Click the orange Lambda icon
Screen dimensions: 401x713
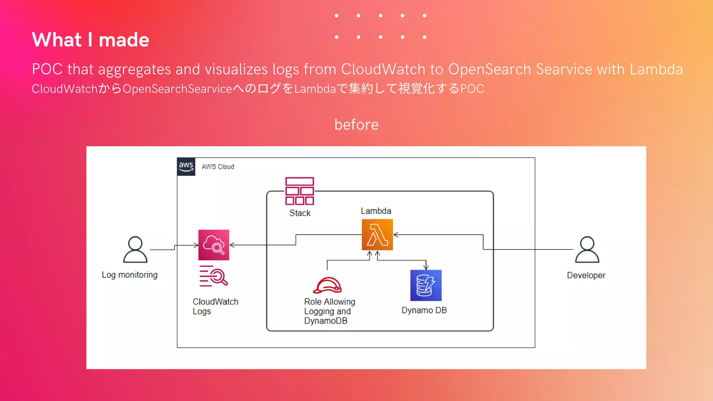377,235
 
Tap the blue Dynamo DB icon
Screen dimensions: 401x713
426,285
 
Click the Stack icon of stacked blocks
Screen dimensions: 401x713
299,191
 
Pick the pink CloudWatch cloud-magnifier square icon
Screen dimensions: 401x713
214,245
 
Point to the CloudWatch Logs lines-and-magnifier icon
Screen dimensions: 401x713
213,276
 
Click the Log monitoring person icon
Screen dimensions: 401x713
135,250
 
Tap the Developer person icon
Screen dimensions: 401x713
587,250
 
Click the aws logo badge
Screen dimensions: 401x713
186,167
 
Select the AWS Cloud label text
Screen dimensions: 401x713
218,167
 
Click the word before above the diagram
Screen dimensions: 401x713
356,125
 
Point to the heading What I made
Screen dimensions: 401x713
91,40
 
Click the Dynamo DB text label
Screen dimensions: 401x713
424,310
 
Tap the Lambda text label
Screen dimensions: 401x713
376,211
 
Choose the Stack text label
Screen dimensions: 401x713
300,213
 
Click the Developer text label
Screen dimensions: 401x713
586,275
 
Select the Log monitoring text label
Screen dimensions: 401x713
130,275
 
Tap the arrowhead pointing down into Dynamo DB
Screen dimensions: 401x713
426,267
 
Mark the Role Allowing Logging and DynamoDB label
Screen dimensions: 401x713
329,311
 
